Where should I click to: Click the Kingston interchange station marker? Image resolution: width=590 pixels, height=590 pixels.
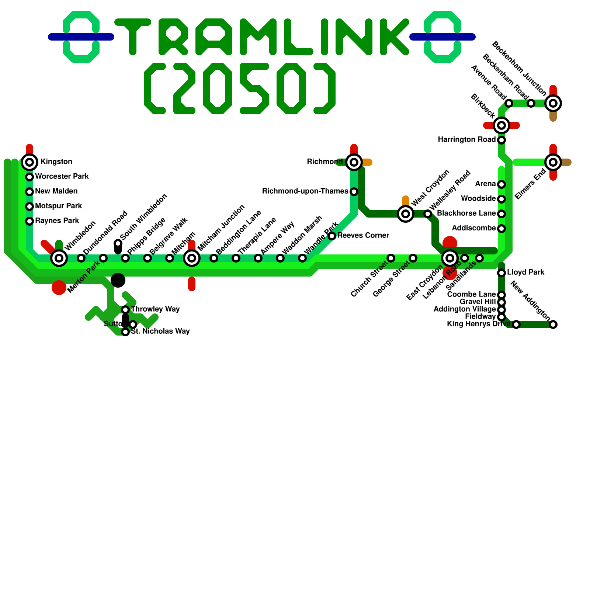(x=29, y=162)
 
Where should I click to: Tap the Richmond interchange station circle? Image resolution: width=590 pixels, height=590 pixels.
(x=354, y=162)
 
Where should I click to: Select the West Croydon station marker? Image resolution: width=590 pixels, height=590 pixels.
(x=406, y=214)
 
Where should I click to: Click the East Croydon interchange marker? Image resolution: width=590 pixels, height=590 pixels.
(x=450, y=258)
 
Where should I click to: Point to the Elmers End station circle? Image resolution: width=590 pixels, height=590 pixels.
(x=553, y=162)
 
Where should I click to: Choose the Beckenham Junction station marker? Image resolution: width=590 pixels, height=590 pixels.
(x=553, y=103)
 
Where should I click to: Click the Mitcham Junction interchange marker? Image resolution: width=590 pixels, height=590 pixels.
(x=192, y=258)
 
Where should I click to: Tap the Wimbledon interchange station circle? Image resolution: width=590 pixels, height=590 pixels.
(x=59, y=258)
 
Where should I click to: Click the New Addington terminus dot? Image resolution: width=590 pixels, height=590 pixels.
(x=553, y=324)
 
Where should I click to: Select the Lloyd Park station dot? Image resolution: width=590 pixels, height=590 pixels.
(x=502, y=273)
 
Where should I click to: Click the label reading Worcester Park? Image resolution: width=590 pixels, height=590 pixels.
(x=62, y=177)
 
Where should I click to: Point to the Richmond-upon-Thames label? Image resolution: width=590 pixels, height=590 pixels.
(x=305, y=191)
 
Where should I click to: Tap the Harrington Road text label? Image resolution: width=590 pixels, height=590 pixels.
(x=467, y=140)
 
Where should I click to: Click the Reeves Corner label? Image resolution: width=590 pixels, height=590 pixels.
(x=363, y=236)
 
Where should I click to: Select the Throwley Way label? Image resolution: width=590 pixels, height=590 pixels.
(x=155, y=309)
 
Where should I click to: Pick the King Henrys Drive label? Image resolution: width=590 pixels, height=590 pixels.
(x=479, y=324)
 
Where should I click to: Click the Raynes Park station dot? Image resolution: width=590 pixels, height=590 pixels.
(x=29, y=221)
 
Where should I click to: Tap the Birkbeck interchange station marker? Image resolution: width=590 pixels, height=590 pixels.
(x=502, y=125)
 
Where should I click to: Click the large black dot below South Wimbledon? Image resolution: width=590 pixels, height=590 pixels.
(x=118, y=280)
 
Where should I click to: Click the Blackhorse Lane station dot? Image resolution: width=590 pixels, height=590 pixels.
(x=502, y=214)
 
